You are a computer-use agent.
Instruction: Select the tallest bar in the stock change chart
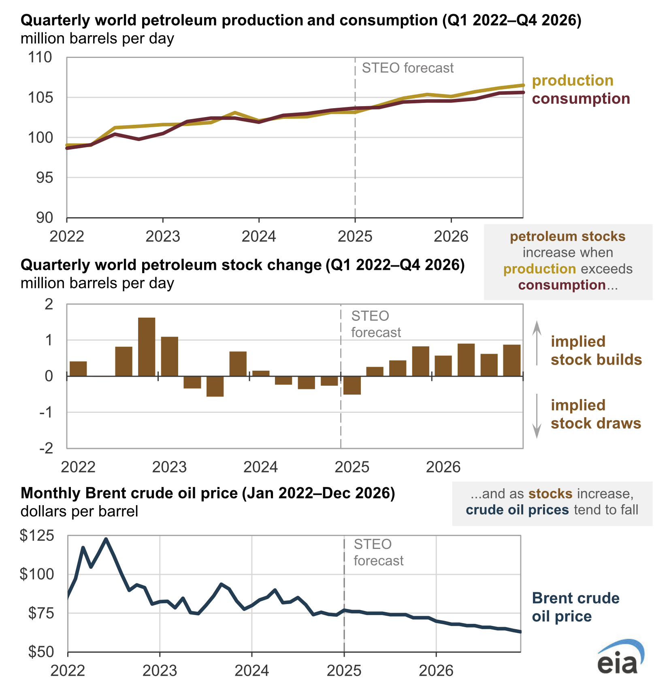coord(147,347)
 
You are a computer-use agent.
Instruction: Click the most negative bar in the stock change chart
coord(215,386)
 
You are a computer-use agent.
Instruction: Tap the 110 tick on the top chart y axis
coord(40,57)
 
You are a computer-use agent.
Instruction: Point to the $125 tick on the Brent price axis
coord(37,536)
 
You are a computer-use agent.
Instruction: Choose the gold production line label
coord(573,80)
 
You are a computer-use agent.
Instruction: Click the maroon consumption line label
coord(581,98)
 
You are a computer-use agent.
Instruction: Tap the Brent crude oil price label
coord(575,607)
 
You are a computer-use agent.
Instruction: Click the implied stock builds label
coord(596,350)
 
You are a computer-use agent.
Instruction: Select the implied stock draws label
coord(596,414)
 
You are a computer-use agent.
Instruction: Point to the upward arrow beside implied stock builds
coord(537,343)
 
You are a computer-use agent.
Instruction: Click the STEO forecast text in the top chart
coord(407,68)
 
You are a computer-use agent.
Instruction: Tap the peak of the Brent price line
coord(106,539)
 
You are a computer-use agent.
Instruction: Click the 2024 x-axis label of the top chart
coord(259,236)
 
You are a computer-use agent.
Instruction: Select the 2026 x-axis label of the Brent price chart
coord(436,670)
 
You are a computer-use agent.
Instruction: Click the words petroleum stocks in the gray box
coord(567,236)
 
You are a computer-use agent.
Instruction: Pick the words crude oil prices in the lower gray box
coord(517,510)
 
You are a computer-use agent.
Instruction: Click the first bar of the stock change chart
coord(78,369)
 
